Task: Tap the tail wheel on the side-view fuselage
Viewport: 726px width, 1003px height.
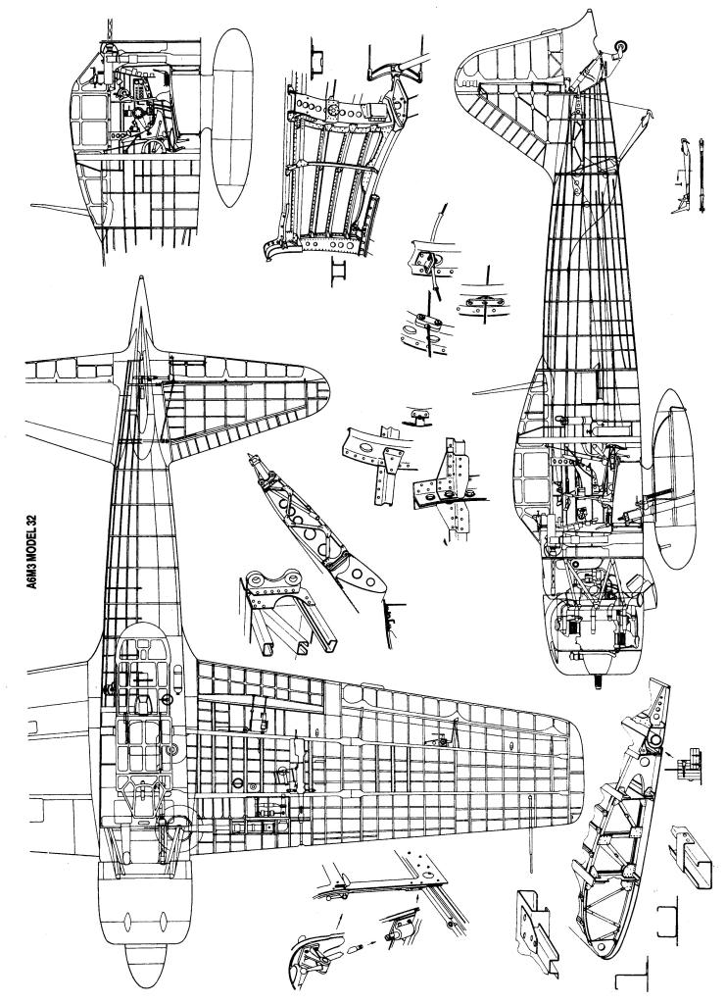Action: click(x=618, y=46)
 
